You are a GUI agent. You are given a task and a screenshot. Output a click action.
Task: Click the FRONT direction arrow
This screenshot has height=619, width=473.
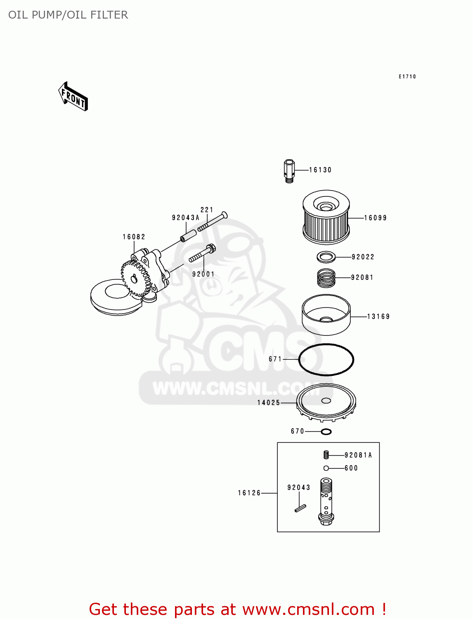(x=73, y=97)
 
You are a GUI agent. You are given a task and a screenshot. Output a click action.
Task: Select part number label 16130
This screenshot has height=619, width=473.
(x=320, y=170)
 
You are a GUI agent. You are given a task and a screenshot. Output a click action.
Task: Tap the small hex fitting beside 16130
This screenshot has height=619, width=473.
(x=289, y=171)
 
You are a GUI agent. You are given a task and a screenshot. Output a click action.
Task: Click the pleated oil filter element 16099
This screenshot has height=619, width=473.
(x=326, y=217)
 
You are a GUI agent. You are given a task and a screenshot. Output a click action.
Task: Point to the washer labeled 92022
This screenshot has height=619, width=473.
(x=326, y=257)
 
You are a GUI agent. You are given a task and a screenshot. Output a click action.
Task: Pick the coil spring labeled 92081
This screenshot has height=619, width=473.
(x=326, y=278)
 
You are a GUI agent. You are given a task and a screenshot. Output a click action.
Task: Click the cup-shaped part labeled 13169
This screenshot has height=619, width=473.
(x=326, y=315)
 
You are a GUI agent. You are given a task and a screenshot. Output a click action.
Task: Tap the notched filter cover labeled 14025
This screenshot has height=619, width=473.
(x=326, y=402)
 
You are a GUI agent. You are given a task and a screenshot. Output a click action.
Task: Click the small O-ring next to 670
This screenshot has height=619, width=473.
(x=326, y=432)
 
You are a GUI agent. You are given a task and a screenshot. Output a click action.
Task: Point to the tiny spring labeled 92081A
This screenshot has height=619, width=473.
(x=326, y=455)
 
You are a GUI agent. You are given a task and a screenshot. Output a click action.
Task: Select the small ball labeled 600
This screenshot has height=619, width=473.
(x=326, y=468)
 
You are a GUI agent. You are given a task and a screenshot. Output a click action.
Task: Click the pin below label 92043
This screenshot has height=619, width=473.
(x=300, y=508)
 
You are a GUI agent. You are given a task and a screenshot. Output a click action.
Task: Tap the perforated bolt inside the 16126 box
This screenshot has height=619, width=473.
(x=326, y=501)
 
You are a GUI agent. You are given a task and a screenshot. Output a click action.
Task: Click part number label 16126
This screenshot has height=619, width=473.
(x=249, y=493)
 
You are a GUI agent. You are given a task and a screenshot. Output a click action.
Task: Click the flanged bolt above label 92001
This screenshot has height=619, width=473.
(x=203, y=253)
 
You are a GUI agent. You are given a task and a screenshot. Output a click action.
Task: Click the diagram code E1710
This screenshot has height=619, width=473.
(x=407, y=77)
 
